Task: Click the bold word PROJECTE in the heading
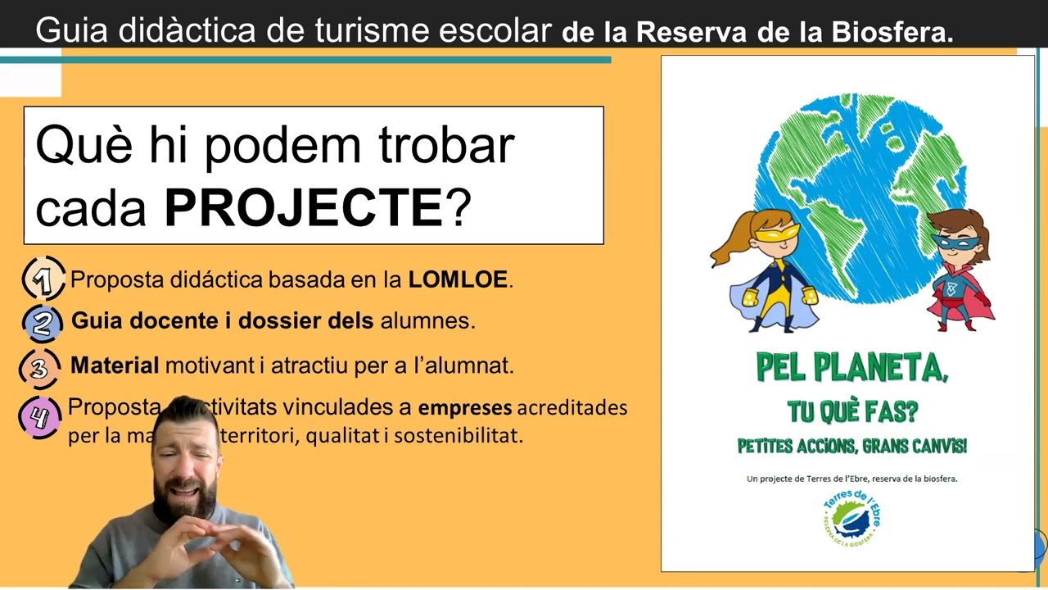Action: [x=303, y=208]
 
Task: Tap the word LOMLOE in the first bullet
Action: [x=458, y=279]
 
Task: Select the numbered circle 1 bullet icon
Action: [x=43, y=279]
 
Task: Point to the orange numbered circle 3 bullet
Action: [x=39, y=367]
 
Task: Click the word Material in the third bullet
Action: [x=115, y=365]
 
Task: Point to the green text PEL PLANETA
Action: [x=851, y=370]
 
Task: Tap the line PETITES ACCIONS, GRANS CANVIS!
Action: [x=851, y=447]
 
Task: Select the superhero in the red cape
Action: [x=958, y=270]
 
